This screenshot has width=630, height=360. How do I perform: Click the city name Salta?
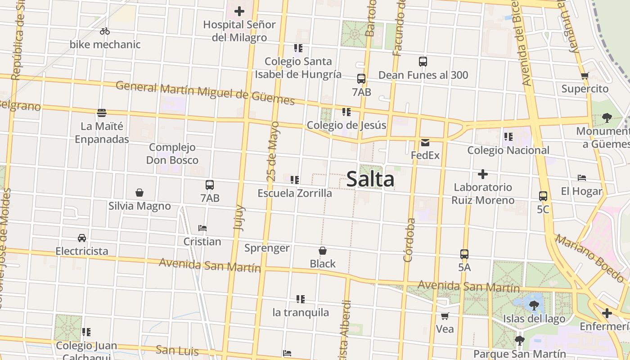370,179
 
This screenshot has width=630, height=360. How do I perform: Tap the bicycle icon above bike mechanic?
105,31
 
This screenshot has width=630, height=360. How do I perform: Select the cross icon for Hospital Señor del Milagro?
239,11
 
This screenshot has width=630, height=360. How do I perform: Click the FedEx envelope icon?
425,143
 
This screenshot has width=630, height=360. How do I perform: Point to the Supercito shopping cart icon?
585,76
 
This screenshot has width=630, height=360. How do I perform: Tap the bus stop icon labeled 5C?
543,196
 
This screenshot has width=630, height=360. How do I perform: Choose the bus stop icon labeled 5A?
464,254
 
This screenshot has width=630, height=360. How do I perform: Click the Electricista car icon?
82,238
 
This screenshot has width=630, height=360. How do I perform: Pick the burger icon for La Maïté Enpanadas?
102,112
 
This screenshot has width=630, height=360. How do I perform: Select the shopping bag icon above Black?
323,251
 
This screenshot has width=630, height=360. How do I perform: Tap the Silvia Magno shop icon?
139,193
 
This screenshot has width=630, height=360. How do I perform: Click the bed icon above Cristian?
202,228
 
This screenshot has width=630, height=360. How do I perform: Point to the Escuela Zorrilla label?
295,193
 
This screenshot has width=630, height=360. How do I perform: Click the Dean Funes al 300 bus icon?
423,62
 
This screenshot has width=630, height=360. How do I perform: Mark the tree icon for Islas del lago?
534,306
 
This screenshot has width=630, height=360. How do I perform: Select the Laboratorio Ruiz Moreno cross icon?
483,174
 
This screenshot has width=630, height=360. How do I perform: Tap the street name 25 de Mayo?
273,151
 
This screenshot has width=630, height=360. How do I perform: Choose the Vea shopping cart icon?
445,316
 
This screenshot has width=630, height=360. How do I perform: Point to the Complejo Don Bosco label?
172,153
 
